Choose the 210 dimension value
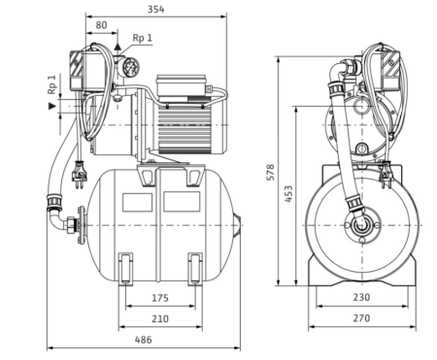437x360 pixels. click(x=160, y=318)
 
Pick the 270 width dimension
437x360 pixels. click(x=362, y=318)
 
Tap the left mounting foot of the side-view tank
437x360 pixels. click(x=126, y=267)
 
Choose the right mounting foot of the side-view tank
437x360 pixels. click(x=195, y=267)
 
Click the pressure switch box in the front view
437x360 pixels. click(x=384, y=65)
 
